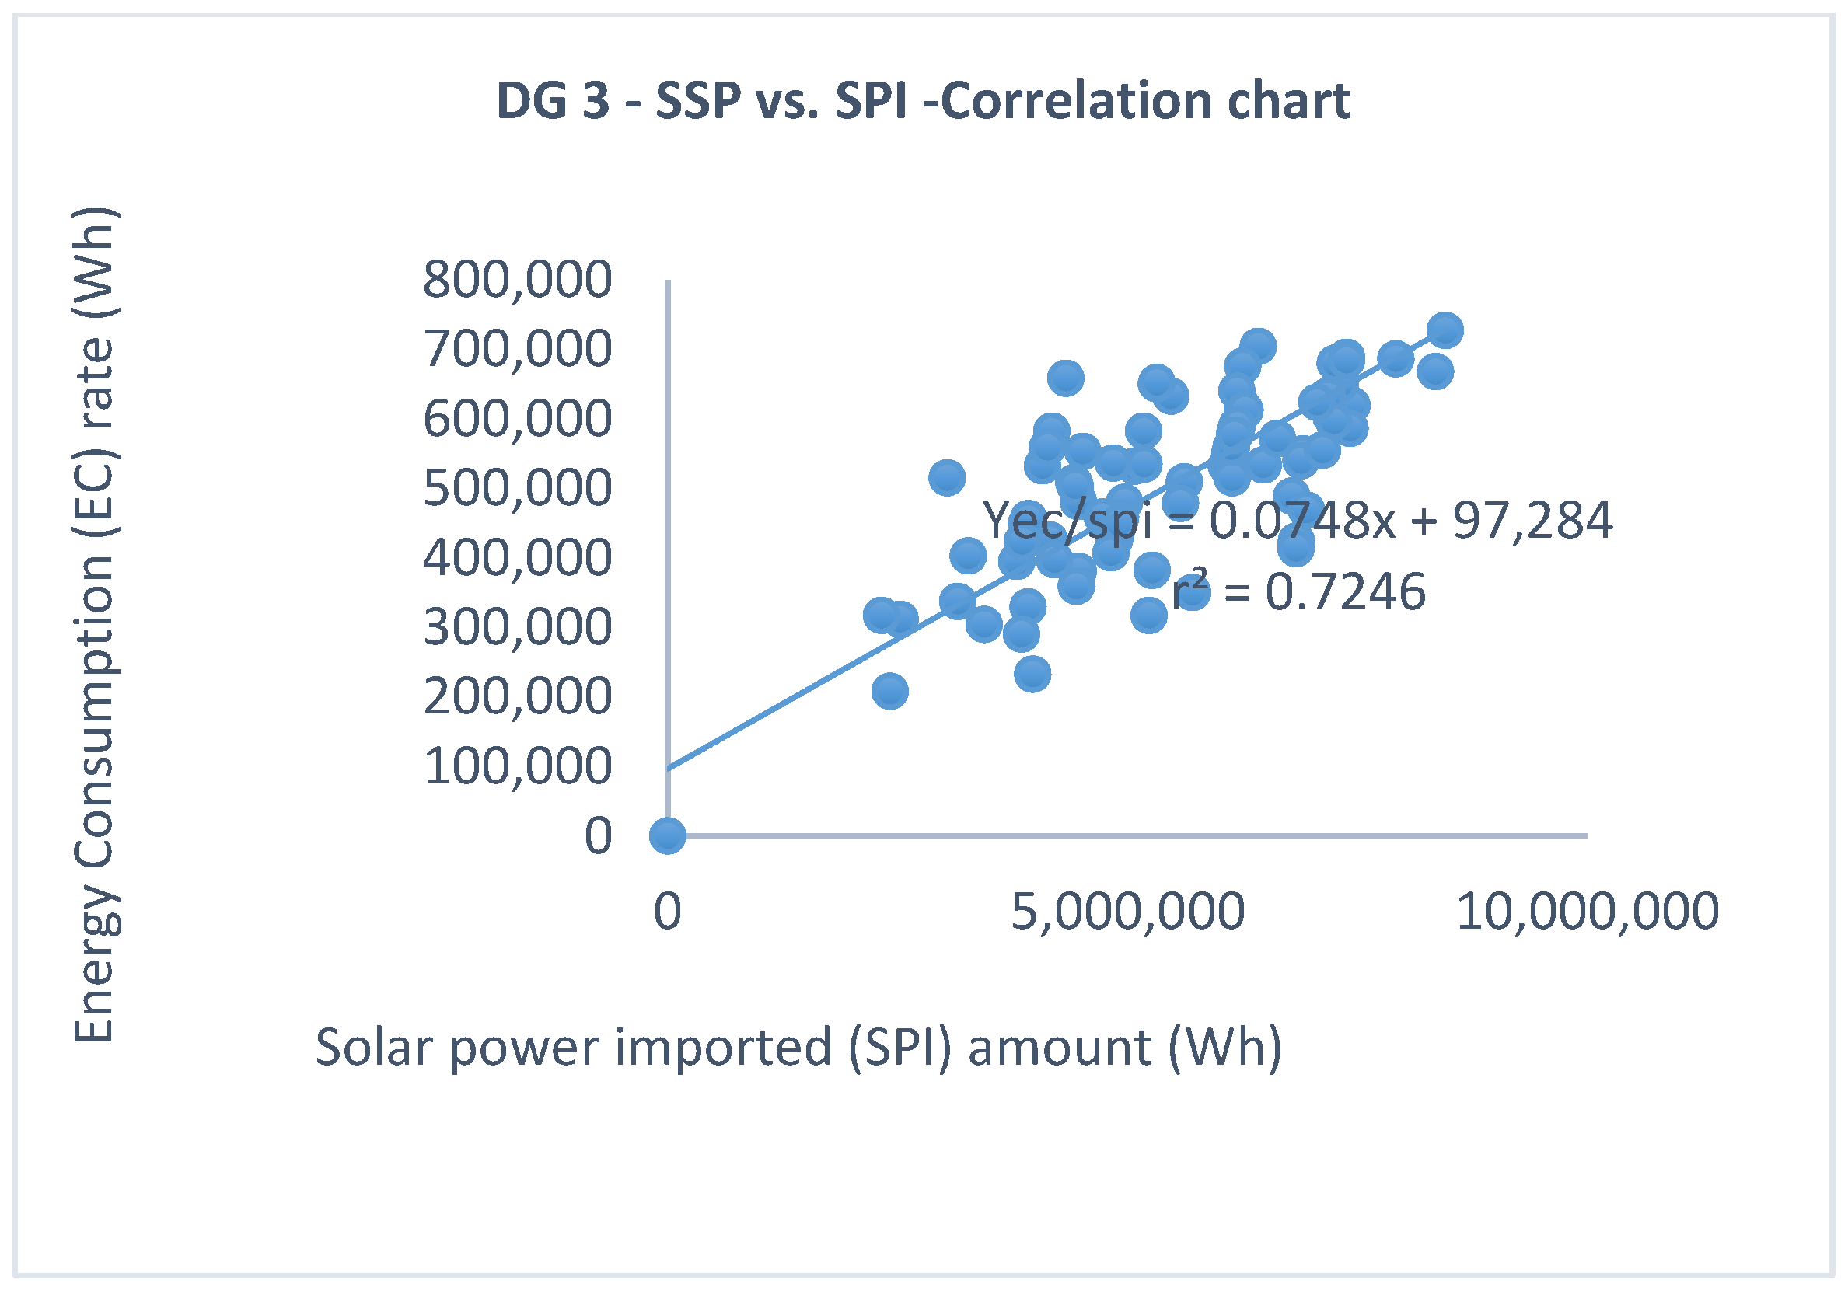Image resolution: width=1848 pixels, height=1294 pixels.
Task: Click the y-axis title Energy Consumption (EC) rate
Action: pos(94,626)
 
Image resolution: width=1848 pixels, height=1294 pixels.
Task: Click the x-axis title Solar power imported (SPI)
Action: pos(798,1048)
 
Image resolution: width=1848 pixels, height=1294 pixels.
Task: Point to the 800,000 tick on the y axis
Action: pos(518,280)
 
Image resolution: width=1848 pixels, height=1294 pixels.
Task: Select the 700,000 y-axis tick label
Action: pos(518,349)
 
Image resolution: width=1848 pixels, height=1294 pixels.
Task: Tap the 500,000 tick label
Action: pos(518,487)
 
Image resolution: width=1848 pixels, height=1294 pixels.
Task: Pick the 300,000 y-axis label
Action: pos(518,627)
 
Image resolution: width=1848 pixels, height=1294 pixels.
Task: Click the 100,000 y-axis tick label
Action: pos(518,766)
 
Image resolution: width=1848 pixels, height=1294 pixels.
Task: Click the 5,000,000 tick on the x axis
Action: pos(1127,912)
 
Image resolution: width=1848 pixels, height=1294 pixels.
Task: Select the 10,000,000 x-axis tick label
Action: pos(1588,912)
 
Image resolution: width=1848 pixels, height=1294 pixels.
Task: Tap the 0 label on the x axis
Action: pos(667,912)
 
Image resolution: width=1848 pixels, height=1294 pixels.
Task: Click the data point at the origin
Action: pos(667,835)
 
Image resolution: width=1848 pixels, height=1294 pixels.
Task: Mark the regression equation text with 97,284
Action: pos(1298,521)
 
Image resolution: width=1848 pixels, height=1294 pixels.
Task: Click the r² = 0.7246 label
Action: pos(1299,592)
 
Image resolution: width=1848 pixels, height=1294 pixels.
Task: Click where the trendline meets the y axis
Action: pos(669,768)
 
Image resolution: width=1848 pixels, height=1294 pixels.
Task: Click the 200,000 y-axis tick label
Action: pos(518,696)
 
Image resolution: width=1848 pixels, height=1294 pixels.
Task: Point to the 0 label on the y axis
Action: pos(598,835)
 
